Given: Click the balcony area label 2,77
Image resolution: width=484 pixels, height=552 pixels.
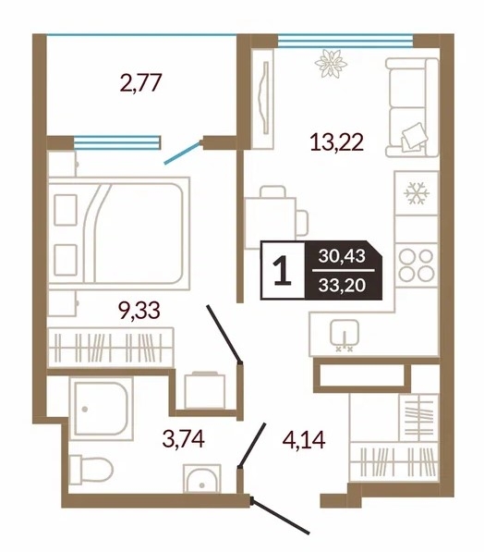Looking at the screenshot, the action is click(x=140, y=83).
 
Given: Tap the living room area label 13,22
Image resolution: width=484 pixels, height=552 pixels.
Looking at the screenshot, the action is click(x=336, y=141).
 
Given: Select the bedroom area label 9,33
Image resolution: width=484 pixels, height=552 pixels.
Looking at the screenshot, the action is click(x=139, y=311).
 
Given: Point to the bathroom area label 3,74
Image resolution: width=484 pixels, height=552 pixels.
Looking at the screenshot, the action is click(x=184, y=439).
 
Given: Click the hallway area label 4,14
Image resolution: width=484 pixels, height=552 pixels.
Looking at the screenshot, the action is click(x=304, y=440).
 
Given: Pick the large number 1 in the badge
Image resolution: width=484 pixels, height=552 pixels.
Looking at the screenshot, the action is click(x=283, y=270).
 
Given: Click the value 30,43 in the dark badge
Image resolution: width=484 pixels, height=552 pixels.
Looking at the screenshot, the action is click(x=342, y=256).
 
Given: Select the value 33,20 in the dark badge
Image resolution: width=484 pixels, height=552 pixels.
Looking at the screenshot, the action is click(x=342, y=285).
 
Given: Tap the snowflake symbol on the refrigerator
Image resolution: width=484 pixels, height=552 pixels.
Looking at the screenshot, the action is click(x=417, y=193).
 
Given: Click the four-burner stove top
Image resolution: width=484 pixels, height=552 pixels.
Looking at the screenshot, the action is click(x=417, y=265).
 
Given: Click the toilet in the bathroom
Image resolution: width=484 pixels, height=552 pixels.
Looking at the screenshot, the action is click(x=91, y=469).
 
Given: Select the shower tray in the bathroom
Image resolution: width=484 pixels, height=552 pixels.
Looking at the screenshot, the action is click(x=102, y=409).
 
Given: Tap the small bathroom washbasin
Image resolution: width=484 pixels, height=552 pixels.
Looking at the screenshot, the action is click(x=202, y=479).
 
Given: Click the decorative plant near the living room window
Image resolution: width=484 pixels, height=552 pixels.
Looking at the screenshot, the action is click(x=331, y=64).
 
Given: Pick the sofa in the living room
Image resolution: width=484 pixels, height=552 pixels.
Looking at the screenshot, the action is click(x=412, y=107).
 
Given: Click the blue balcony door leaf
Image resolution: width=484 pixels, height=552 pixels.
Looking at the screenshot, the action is click(x=183, y=153).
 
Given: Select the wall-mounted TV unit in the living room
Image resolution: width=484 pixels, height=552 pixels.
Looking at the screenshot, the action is click(x=262, y=99).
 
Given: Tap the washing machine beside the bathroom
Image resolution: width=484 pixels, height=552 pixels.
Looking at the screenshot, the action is click(x=205, y=390).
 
